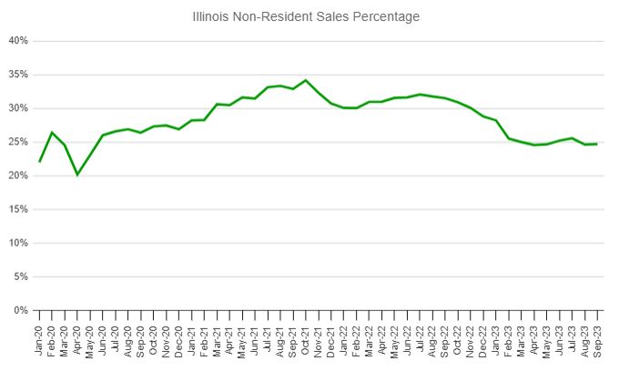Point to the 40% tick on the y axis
(x=19, y=41)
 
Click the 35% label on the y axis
(x=19, y=75)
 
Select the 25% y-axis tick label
(x=19, y=142)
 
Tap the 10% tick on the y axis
(x=19, y=243)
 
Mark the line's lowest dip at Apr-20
(x=77, y=175)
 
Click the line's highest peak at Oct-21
(x=305, y=80)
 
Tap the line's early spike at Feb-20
(x=52, y=133)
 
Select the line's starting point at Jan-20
(x=39, y=162)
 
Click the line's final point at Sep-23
(x=596, y=144)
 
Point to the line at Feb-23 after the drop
(x=508, y=138)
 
